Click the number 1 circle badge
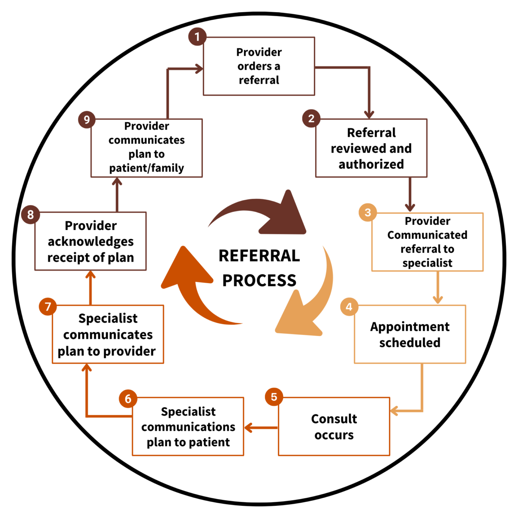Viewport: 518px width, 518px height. (x=197, y=37)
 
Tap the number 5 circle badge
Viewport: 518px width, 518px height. (x=274, y=397)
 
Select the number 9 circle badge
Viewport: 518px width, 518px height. (x=87, y=120)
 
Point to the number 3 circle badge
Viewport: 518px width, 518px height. (x=368, y=212)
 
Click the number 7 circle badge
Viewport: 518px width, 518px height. (x=48, y=306)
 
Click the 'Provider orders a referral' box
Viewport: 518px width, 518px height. (x=259, y=66)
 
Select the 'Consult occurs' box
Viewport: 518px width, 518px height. (x=334, y=426)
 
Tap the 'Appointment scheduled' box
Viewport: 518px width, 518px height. (x=410, y=335)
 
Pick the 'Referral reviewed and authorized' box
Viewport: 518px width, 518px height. (x=371, y=148)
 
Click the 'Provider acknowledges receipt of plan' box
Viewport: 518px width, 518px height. (x=91, y=241)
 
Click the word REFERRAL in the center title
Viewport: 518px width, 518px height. (x=259, y=256)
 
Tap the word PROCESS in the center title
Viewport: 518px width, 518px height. (x=259, y=281)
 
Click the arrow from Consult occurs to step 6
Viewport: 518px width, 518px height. (x=261, y=428)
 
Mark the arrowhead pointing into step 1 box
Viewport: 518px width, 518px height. (x=199, y=69)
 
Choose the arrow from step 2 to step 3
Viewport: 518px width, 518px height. (x=410, y=194)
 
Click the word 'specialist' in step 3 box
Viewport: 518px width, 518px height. (x=427, y=263)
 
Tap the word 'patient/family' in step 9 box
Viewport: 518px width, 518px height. (x=146, y=168)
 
